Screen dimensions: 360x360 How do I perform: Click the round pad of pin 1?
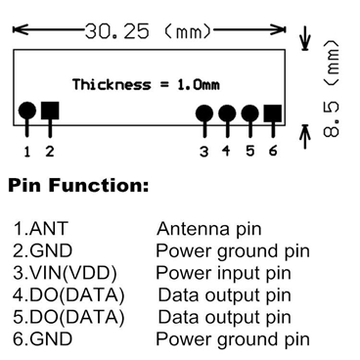pos(27,111)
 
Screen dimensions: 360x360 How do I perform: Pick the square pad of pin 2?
pos(50,111)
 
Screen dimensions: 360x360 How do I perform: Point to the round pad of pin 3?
pos(204,112)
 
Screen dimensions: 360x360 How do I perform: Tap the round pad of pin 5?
pos(250,112)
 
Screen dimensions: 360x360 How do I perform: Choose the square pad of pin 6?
pos(273,112)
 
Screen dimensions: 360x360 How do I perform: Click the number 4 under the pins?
pos(227,151)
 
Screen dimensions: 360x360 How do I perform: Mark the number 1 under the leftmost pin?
pos(27,151)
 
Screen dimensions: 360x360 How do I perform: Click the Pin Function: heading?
pos(78,185)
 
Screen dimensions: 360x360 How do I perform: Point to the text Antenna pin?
pos(209,230)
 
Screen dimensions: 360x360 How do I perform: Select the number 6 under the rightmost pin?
pos(273,151)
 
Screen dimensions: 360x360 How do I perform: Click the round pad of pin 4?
pos(227,112)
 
